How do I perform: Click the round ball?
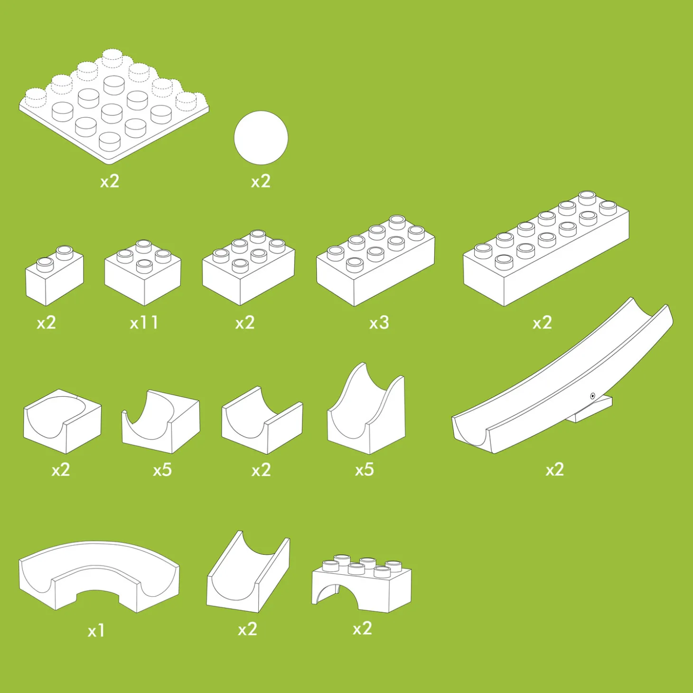[261, 138]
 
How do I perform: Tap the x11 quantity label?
[144, 323]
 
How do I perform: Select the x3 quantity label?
[379, 323]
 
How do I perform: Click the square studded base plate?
[114, 106]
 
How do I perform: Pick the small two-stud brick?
[54, 275]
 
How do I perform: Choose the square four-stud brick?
[143, 272]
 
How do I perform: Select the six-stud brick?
[249, 268]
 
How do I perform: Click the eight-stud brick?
[375, 261]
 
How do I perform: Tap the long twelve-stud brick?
[546, 249]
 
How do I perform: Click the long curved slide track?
[562, 375]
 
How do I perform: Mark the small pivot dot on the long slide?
[593, 396]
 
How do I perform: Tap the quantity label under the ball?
[261, 181]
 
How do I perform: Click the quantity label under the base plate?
[110, 181]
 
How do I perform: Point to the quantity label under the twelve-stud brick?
[543, 323]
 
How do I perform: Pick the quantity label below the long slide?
[554, 469]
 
